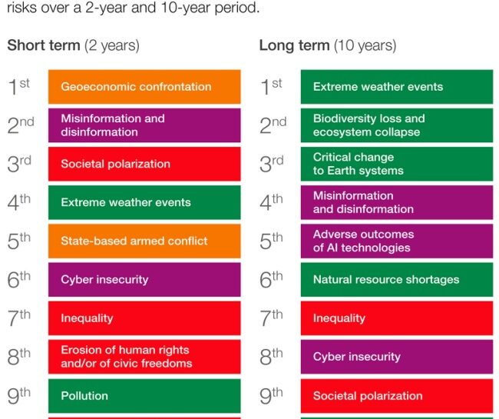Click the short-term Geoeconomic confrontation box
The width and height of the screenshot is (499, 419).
(144, 87)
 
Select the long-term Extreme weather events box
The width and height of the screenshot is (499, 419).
(396, 87)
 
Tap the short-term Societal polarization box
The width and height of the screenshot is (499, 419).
(144, 164)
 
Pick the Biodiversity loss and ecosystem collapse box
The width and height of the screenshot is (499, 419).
(396, 125)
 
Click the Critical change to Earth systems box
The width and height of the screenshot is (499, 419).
(396, 164)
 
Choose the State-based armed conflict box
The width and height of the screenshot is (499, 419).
(144, 241)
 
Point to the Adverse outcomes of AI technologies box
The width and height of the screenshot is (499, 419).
(396, 241)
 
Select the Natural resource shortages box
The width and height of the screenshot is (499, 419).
(396, 280)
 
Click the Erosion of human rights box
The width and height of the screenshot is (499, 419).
(144, 357)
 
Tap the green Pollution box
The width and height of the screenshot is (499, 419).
(144, 396)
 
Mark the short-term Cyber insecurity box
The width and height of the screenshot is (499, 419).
(144, 280)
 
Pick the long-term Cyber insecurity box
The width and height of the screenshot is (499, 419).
(396, 357)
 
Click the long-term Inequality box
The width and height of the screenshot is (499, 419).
(396, 318)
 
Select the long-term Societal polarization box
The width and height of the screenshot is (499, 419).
(396, 396)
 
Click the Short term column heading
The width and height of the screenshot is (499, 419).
(73, 45)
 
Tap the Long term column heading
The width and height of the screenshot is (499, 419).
(328, 45)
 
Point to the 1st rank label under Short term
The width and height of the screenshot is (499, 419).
(19, 87)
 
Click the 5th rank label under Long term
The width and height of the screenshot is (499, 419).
(272, 241)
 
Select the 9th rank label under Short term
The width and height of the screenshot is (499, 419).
(19, 396)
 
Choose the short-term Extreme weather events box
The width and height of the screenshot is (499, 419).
(144, 202)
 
